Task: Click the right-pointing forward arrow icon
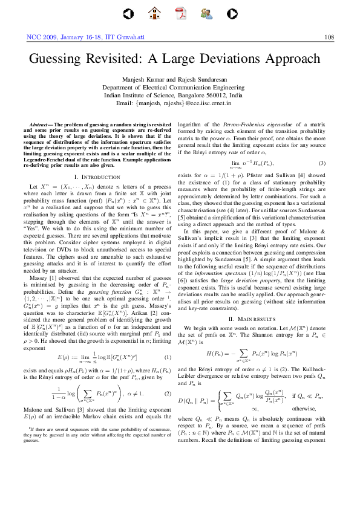227,12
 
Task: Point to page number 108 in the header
329,37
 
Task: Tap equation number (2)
169,394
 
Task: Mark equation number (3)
322,164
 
